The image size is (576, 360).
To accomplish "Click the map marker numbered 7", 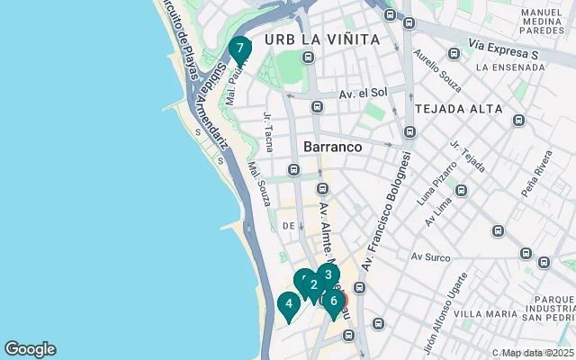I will coord(239,49).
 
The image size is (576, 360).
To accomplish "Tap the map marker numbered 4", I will coord(288,305).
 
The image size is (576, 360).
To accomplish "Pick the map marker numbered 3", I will coord(328,275).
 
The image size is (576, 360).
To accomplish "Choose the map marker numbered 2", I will coord(313,286).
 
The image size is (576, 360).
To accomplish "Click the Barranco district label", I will coord(333,146).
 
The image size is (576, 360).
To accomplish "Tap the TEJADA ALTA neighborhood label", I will coord(459,109).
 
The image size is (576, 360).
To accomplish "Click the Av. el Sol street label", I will coord(363,92).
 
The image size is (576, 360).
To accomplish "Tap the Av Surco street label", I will coord(430,257).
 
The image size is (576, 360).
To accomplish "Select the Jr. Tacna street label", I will coord(268,130).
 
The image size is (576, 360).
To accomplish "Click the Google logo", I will coord(30,349).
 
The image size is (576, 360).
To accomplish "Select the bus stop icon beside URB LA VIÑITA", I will coord(308,58).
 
